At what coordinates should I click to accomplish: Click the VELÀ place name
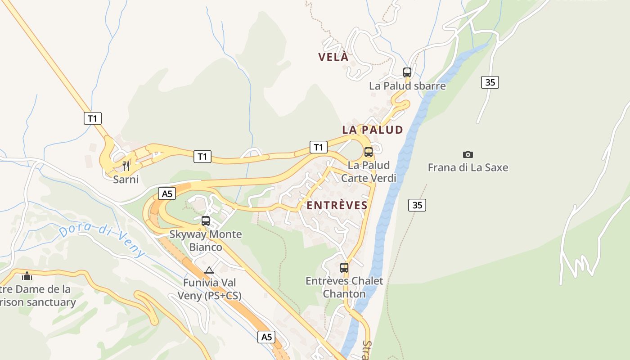333,57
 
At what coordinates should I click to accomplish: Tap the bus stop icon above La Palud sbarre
407,72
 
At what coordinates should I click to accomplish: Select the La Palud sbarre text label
407,85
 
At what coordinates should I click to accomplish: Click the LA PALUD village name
373,130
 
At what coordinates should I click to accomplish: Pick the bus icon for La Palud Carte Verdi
369,152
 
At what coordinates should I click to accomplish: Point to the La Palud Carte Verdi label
369,171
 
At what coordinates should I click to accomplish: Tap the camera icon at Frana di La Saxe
468,154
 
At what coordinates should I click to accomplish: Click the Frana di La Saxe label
468,167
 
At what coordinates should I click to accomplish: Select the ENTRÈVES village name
337,206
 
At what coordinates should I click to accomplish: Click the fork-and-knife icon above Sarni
126,166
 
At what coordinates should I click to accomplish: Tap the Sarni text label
126,180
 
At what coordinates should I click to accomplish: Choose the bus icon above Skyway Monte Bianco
206,221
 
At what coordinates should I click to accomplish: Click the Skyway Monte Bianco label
206,241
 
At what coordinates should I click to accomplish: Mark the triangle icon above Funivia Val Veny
209,270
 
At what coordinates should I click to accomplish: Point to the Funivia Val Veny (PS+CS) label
209,289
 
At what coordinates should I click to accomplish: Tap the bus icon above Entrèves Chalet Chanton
344,268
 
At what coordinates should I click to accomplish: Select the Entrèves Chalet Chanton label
344,287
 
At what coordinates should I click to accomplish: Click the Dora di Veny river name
103,242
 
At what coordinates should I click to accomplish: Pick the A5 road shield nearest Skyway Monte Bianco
166,194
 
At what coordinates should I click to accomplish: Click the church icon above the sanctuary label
27,275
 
